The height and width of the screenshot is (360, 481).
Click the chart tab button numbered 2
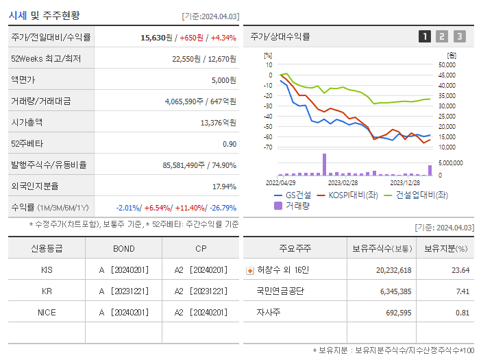[x=442, y=36]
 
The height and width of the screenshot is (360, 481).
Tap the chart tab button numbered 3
[x=459, y=36]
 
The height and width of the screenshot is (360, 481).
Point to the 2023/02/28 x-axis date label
[x=343, y=182]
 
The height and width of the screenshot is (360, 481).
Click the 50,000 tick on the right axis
[x=446, y=65]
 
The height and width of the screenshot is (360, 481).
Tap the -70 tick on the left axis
[x=269, y=147]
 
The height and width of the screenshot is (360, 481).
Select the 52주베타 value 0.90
[x=229, y=144]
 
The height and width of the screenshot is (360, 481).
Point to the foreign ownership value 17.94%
[x=224, y=187]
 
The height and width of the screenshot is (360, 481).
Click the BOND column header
[x=123, y=248]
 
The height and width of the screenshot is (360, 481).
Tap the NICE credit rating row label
[x=47, y=312]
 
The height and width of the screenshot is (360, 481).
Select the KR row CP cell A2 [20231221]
[x=199, y=291]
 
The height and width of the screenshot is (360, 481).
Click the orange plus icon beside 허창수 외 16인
[x=249, y=270]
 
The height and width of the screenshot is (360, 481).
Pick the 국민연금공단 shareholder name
[x=280, y=291]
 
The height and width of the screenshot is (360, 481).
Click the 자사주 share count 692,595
[x=393, y=312]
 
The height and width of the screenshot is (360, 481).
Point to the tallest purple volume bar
[x=324, y=165]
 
